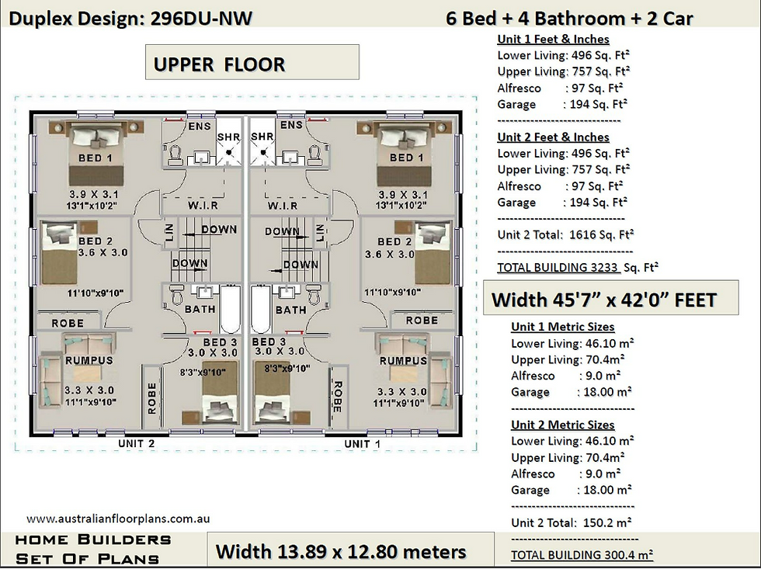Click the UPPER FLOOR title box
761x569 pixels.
click(x=252, y=62)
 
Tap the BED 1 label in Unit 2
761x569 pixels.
click(x=95, y=158)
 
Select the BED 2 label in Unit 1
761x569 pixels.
click(x=394, y=241)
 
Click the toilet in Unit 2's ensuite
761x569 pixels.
click(x=175, y=154)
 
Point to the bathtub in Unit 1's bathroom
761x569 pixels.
click(x=261, y=308)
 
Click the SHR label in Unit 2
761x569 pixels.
click(x=228, y=137)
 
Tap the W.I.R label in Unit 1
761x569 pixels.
click(x=283, y=206)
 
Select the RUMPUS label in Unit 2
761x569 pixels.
click(x=89, y=360)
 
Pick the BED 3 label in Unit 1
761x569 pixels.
click(x=269, y=342)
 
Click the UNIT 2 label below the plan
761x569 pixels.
click(x=137, y=443)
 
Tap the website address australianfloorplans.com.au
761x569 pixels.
click(x=118, y=519)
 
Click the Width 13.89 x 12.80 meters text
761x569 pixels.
click(x=341, y=552)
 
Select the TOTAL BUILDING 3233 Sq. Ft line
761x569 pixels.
click(x=578, y=267)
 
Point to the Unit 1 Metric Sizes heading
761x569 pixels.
click(x=562, y=327)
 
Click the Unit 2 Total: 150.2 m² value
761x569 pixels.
click(x=571, y=523)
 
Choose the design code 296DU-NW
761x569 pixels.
click(x=201, y=19)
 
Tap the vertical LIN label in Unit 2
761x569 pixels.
click(x=169, y=233)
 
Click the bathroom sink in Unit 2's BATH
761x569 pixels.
click(x=203, y=292)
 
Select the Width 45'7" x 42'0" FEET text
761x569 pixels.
click(x=604, y=300)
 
